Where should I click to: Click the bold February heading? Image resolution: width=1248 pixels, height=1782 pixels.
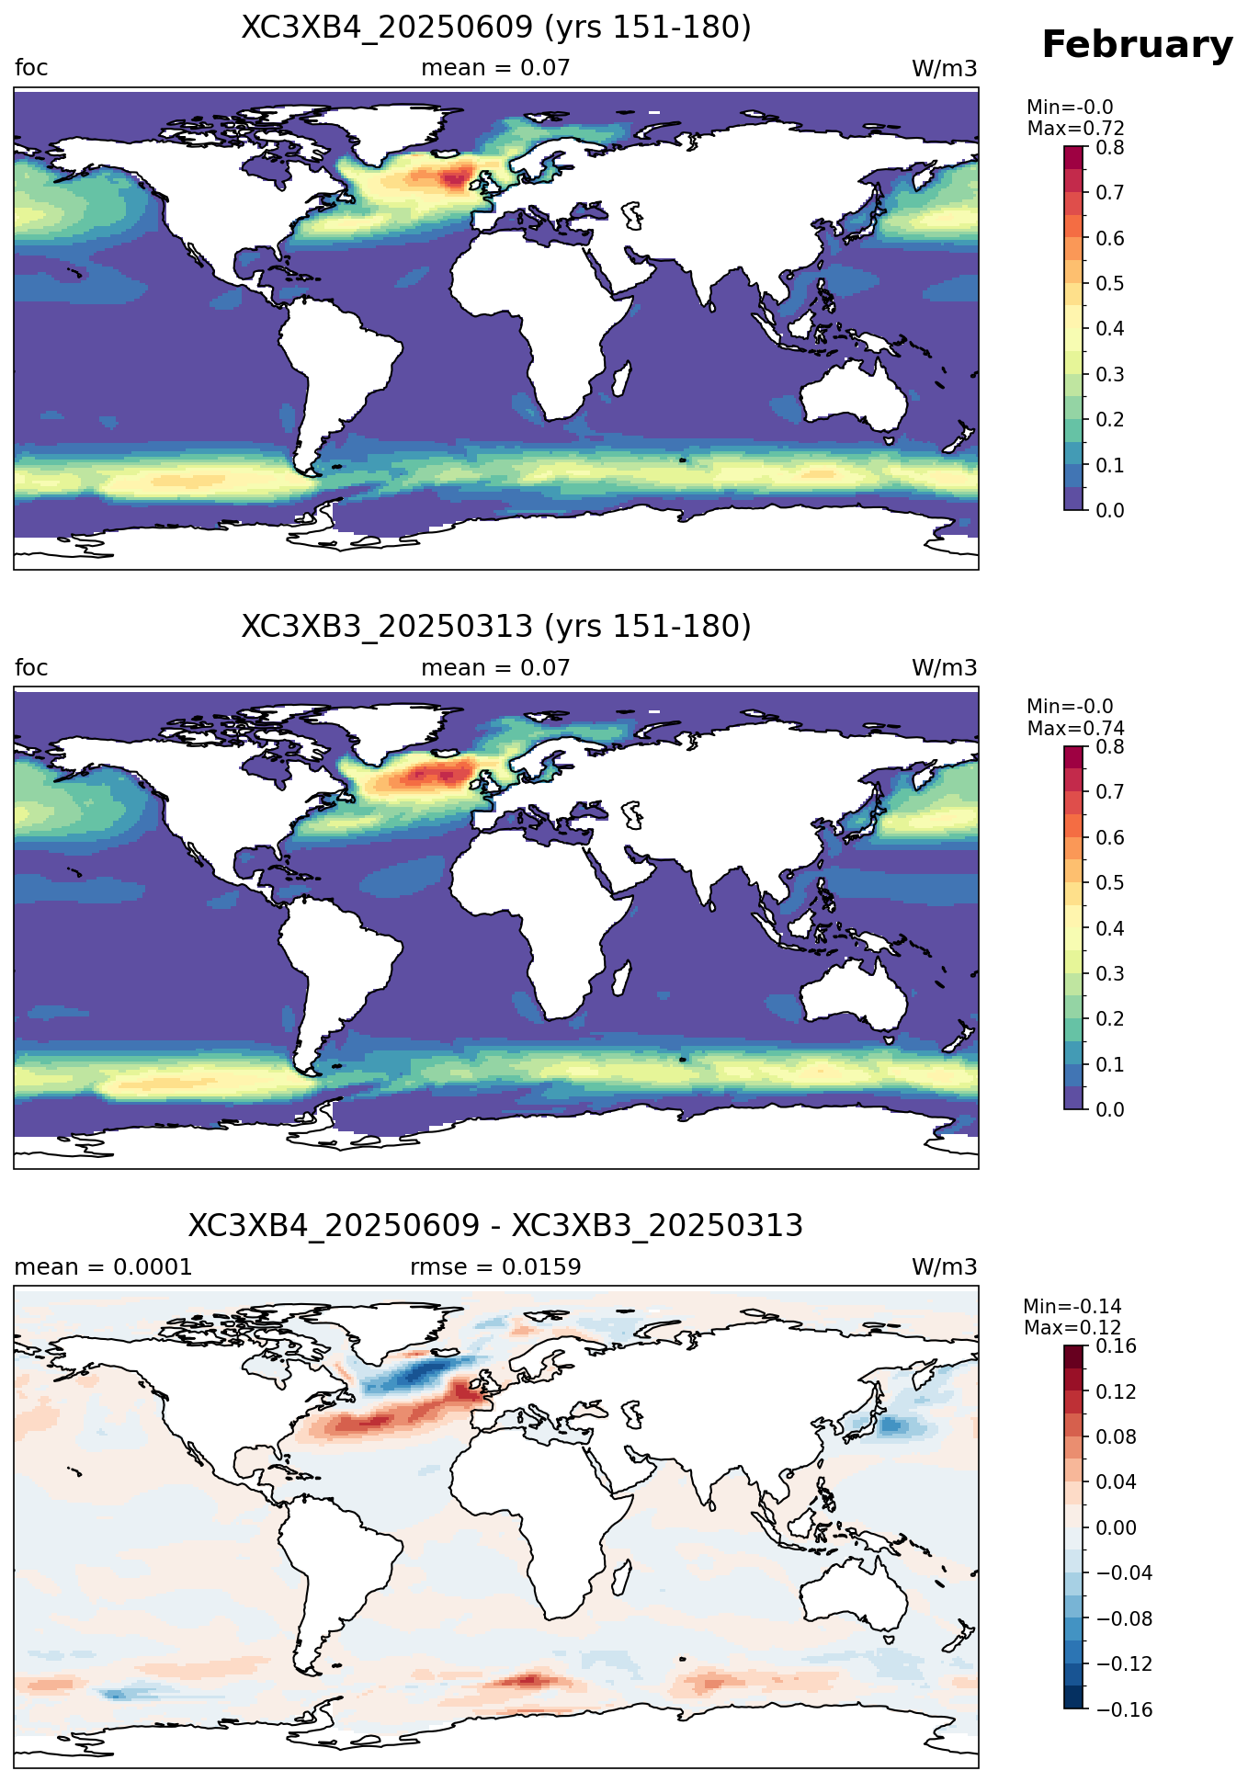point(1137,45)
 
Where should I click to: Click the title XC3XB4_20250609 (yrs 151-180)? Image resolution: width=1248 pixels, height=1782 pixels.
point(496,28)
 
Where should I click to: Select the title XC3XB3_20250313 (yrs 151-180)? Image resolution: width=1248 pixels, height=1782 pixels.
point(496,627)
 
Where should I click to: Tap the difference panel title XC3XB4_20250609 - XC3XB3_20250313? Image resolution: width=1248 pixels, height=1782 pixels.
point(496,1226)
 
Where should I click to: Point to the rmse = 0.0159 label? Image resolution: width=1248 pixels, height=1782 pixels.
point(495,1267)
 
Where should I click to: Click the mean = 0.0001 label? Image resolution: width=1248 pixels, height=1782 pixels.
point(104,1267)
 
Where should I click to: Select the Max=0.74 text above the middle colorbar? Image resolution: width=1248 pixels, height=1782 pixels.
point(1075,729)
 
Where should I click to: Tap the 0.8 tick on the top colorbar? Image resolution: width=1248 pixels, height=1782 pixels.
point(1110,147)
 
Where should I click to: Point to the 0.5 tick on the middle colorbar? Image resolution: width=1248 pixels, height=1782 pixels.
point(1110,883)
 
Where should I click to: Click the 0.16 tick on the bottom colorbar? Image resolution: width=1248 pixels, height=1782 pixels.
point(1116,1346)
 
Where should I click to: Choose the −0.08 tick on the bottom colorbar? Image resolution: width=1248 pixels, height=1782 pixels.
point(1123,1619)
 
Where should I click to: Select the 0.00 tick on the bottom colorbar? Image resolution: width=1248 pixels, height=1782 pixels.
point(1116,1528)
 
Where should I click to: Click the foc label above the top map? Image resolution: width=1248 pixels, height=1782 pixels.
point(31,68)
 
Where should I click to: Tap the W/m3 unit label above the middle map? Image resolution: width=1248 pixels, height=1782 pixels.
point(944,668)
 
